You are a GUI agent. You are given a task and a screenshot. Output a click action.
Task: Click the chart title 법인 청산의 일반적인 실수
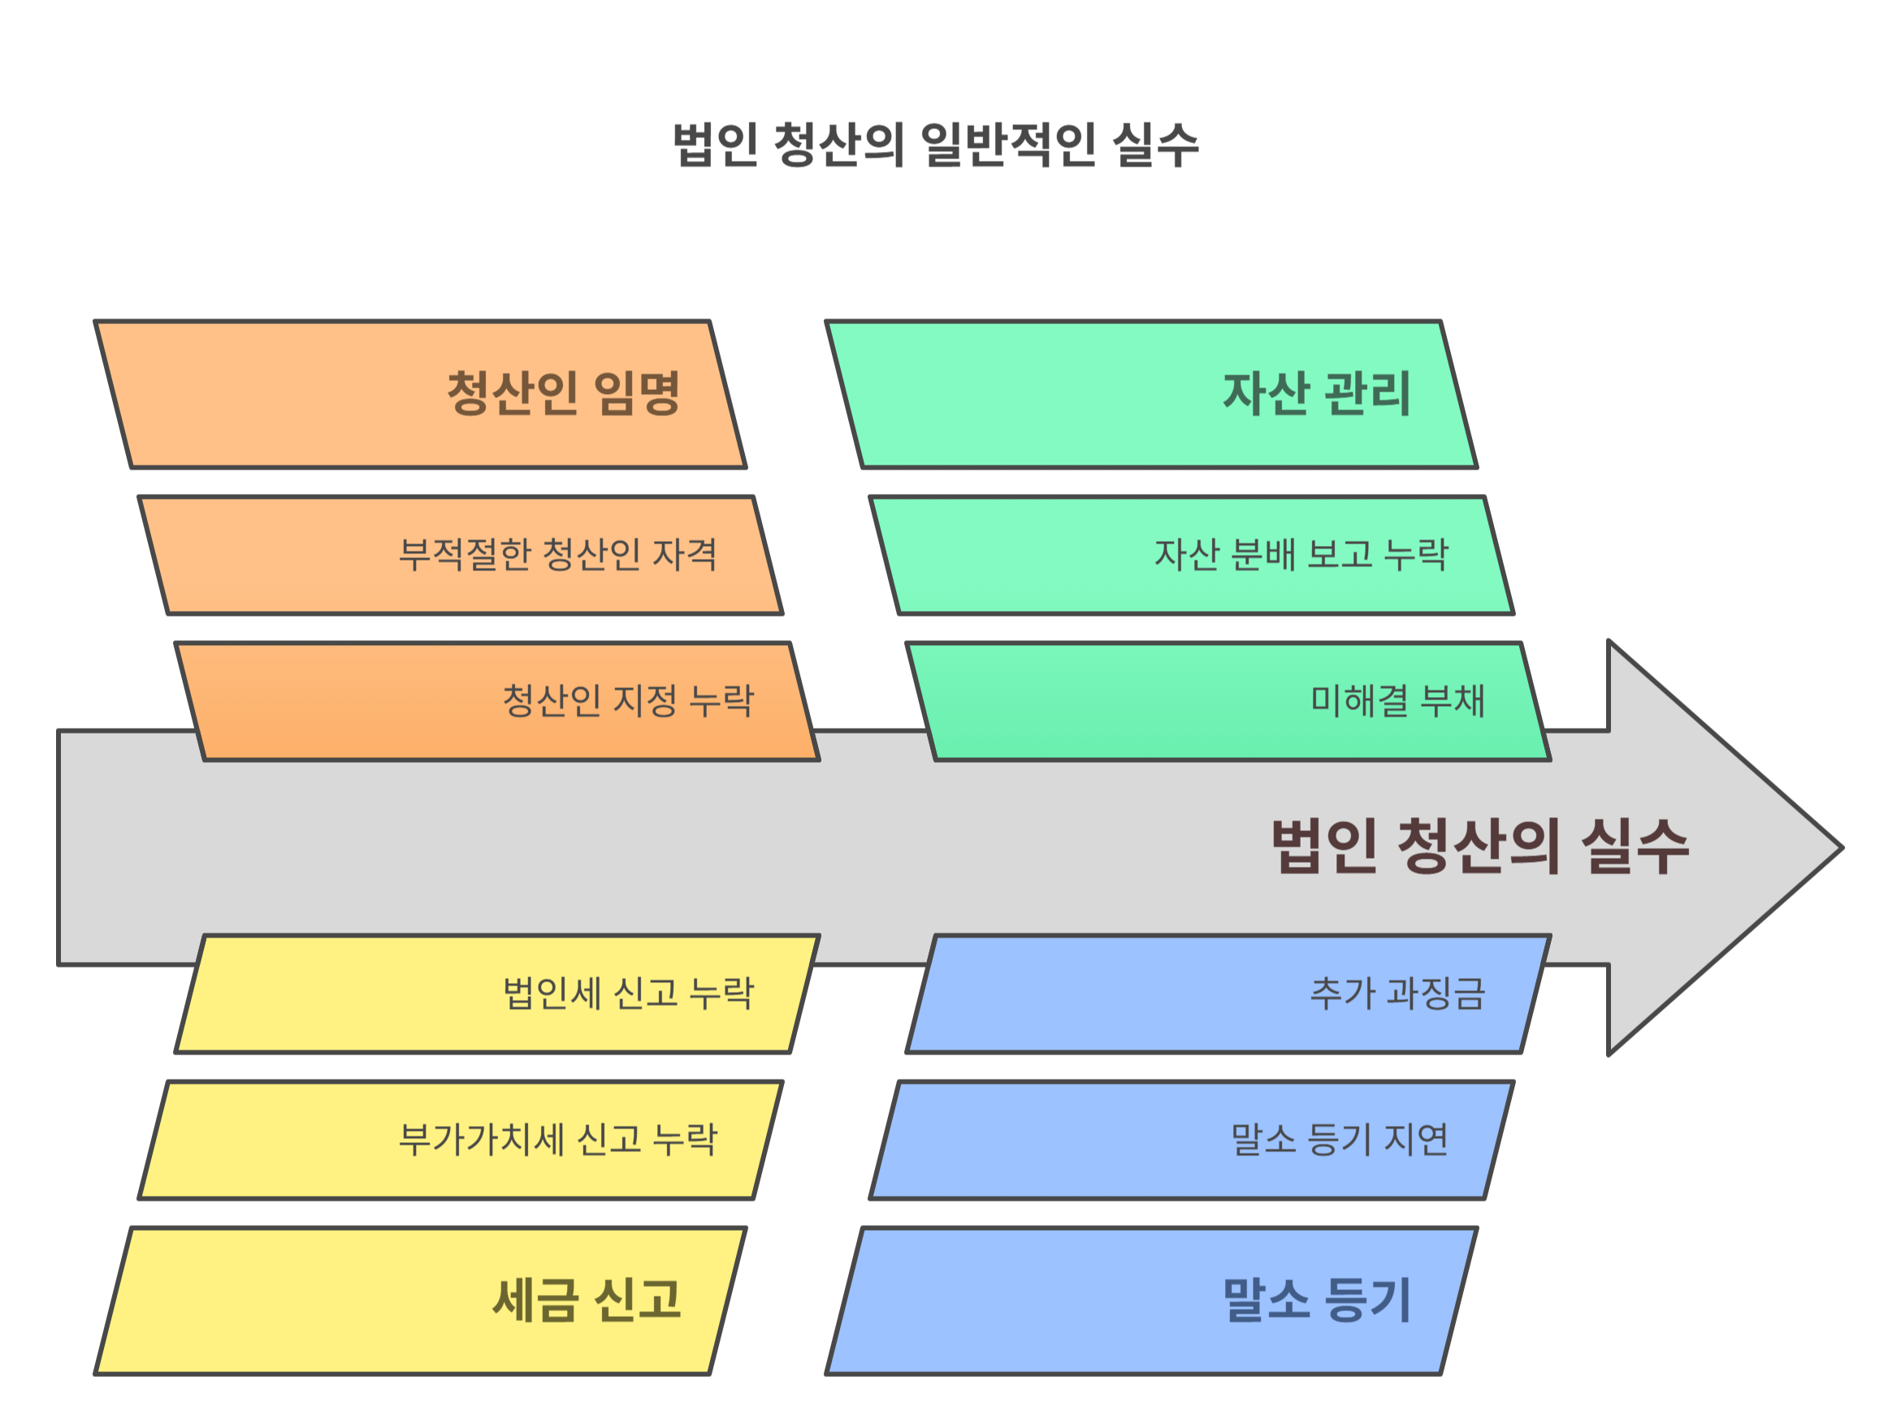(935, 145)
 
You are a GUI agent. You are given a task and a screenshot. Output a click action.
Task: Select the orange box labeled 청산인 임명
(420, 394)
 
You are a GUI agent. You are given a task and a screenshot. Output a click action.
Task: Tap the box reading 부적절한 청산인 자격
(461, 556)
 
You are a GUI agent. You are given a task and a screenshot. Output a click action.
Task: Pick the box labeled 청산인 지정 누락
(497, 701)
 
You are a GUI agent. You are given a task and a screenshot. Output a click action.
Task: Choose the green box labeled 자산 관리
(1151, 394)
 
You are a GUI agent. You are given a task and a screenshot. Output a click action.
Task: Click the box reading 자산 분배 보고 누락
(1191, 556)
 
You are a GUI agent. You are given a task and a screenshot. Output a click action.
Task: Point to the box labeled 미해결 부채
(1228, 701)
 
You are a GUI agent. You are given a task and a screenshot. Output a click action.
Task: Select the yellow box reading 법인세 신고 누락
(497, 994)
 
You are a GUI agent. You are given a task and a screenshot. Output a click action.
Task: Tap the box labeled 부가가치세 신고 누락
(461, 1140)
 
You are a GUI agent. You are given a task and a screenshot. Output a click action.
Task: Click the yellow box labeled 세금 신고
(420, 1301)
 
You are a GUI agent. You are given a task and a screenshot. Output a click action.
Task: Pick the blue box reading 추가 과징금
(1228, 994)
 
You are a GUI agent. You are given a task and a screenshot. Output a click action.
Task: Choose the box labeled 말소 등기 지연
(1191, 1140)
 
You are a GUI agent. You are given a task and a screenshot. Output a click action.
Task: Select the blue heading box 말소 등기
(1151, 1301)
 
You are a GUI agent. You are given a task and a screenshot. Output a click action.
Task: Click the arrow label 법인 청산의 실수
(1479, 847)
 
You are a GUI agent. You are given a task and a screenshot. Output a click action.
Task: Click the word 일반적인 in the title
(1008, 145)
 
